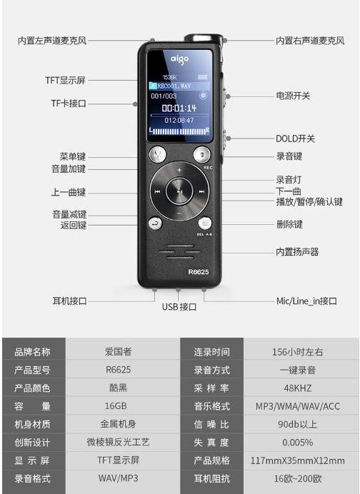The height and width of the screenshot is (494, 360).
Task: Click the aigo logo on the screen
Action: point(180,59)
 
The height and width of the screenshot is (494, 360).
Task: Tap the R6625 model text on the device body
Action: point(199,272)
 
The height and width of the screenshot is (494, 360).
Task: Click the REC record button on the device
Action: point(201,154)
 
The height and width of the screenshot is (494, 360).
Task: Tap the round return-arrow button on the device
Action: point(155,223)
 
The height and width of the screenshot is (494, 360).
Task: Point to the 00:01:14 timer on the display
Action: point(179,108)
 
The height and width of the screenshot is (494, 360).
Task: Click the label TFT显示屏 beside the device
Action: point(65,81)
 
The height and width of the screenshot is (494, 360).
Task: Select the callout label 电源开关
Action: point(293,96)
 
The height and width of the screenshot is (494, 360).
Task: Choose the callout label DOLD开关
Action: point(295,138)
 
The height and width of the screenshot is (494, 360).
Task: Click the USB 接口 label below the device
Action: point(179,307)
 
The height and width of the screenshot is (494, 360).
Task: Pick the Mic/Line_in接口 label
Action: point(306,301)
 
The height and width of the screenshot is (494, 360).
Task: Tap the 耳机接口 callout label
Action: point(69,301)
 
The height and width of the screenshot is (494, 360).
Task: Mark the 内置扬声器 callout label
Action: point(297,252)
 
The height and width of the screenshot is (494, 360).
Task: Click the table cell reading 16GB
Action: point(116,405)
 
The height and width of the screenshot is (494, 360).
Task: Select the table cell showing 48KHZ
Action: point(298,388)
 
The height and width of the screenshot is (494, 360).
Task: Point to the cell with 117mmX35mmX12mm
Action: point(298,460)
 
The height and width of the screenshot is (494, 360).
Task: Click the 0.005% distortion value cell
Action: point(298,443)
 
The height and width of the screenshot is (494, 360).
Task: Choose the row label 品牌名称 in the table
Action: point(32,352)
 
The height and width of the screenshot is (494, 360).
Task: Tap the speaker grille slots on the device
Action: point(180,252)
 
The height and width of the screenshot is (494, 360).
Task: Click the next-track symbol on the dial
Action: point(201,191)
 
